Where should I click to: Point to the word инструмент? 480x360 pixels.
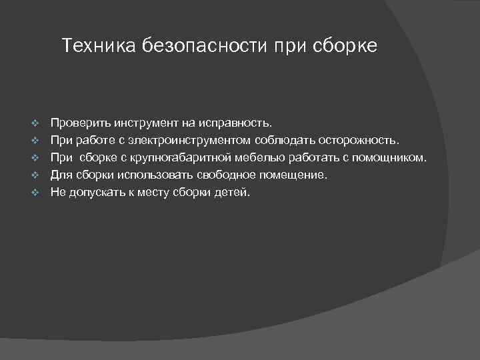tap(145, 123)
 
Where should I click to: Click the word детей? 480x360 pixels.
tap(231, 193)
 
